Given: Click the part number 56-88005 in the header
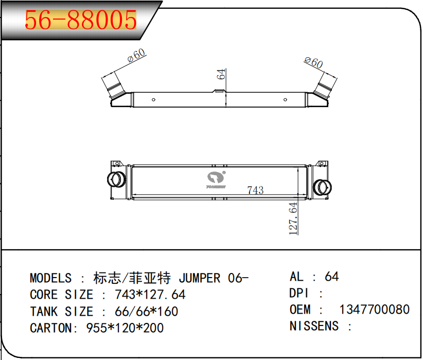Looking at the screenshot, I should tap(81, 20).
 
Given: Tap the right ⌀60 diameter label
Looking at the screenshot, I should tap(313, 63).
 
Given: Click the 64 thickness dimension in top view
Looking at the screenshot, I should tap(222, 73).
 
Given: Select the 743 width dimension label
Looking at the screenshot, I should tap(255, 190).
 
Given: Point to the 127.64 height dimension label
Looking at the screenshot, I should tap(293, 219).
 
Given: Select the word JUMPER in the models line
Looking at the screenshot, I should tap(200, 279).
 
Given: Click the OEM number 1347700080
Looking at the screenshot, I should tap(374, 310).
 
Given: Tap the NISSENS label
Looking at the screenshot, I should tap(314, 326).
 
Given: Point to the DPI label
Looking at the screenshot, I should tap(299, 293).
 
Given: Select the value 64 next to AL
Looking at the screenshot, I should tap(332, 277).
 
